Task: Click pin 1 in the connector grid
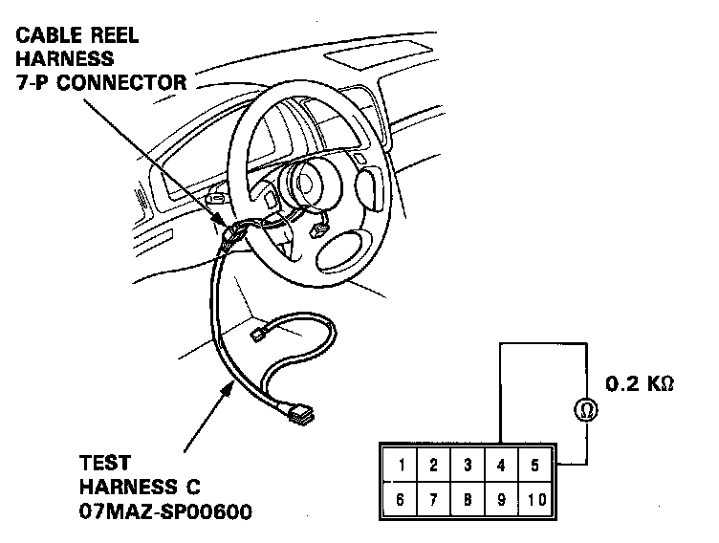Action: (402, 466)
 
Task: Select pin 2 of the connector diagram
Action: (433, 466)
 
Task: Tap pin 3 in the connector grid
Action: (467, 466)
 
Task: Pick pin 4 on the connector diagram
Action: (501, 466)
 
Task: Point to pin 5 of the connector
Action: (534, 466)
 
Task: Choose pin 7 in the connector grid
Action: (433, 499)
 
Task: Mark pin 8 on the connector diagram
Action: (467, 499)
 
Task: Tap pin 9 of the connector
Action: (501, 499)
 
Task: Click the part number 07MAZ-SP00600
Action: (165, 513)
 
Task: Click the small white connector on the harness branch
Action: (258, 336)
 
